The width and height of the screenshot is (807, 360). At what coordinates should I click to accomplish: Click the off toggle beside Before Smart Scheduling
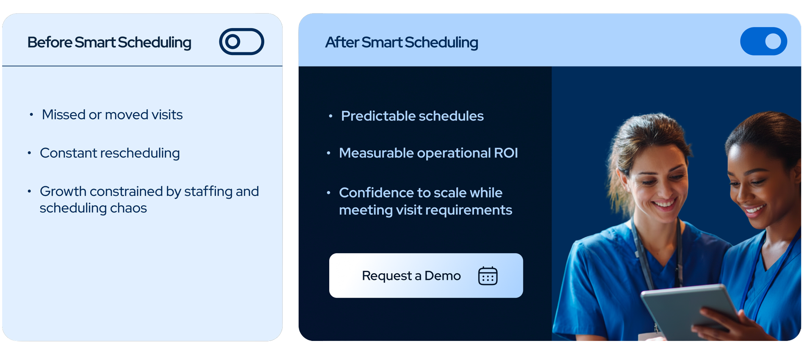click(x=241, y=42)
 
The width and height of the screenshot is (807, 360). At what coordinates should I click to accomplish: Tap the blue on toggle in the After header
click(x=763, y=41)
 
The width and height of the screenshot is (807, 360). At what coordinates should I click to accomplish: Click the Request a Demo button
click(x=426, y=275)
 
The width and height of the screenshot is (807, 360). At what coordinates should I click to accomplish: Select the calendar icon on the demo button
click(x=488, y=276)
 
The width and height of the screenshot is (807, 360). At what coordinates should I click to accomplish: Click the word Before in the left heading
click(x=50, y=42)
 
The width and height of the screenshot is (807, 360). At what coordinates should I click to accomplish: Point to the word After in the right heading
click(x=342, y=42)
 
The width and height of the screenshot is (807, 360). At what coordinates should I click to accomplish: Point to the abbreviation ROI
click(x=506, y=153)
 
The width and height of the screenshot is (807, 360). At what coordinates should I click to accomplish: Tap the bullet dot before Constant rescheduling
click(x=29, y=153)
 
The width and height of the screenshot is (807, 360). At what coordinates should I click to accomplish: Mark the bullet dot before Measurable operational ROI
click(x=328, y=153)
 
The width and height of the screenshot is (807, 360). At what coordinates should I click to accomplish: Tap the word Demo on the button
click(x=442, y=276)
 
